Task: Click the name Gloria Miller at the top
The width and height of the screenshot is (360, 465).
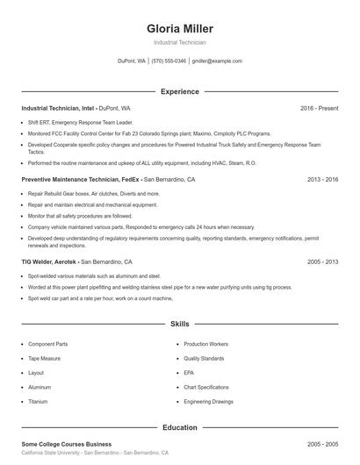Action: pyautogui.click(x=179, y=29)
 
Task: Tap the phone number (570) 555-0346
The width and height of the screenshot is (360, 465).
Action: pyautogui.click(x=169, y=61)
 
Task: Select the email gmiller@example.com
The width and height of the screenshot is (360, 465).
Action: pyautogui.click(x=217, y=61)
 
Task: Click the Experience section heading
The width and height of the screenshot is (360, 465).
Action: pyautogui.click(x=179, y=91)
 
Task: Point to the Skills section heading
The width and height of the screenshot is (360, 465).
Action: pyautogui.click(x=179, y=324)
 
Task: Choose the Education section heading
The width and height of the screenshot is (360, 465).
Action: pyautogui.click(x=179, y=427)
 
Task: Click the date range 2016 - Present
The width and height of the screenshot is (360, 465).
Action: pyautogui.click(x=319, y=108)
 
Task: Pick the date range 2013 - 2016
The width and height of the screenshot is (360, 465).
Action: pyautogui.click(x=322, y=179)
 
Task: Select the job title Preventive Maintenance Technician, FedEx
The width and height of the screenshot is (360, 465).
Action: pyautogui.click(x=80, y=179)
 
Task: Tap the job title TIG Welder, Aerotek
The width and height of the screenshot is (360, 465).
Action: pyautogui.click(x=50, y=261)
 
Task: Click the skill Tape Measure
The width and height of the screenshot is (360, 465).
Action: pyautogui.click(x=47, y=358)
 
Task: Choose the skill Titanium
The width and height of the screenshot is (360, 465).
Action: pyautogui.click(x=38, y=401)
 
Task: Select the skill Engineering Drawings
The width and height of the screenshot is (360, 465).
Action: pyautogui.click(x=209, y=401)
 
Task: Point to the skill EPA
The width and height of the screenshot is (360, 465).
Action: pyautogui.click(x=190, y=372)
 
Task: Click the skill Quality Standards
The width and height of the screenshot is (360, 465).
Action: pyautogui.click(x=205, y=358)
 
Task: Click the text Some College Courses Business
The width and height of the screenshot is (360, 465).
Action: pyautogui.click(x=66, y=445)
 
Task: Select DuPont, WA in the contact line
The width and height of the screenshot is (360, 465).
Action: pyautogui.click(x=131, y=61)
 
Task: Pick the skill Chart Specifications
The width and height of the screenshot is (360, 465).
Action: pyautogui.click(x=208, y=387)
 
